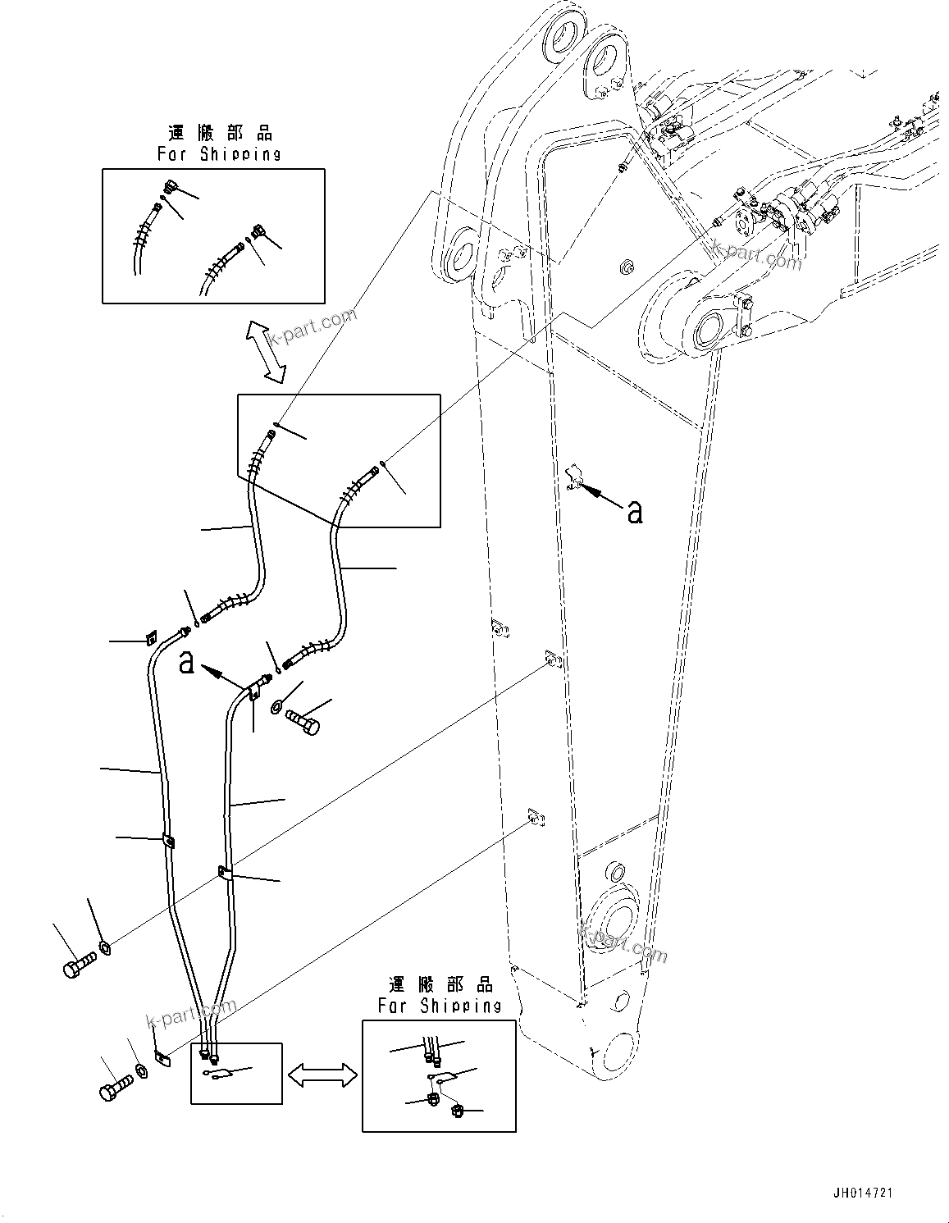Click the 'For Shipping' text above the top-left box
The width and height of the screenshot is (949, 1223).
click(x=219, y=153)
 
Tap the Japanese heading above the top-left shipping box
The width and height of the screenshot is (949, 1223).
click(x=219, y=133)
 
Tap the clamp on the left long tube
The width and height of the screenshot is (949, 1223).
click(x=168, y=841)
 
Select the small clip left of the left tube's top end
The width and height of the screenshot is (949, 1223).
click(x=151, y=637)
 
